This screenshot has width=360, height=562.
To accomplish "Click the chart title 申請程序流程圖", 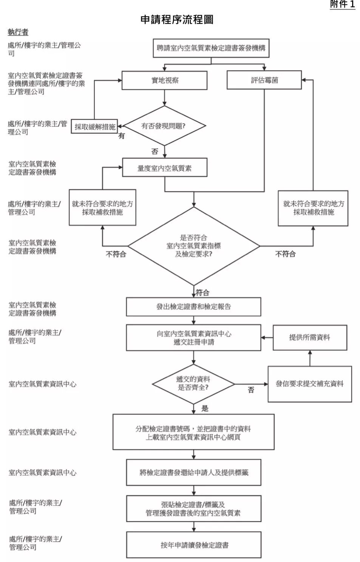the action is tap(177, 20).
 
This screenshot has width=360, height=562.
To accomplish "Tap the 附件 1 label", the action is tap(343, 4).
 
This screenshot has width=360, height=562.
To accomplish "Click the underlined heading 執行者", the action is tap(18, 32).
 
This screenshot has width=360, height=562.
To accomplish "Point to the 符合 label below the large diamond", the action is tap(202, 293).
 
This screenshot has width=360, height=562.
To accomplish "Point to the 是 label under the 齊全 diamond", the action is tap(205, 408).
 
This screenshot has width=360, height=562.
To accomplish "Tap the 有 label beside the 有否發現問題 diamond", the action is tap(122, 136).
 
